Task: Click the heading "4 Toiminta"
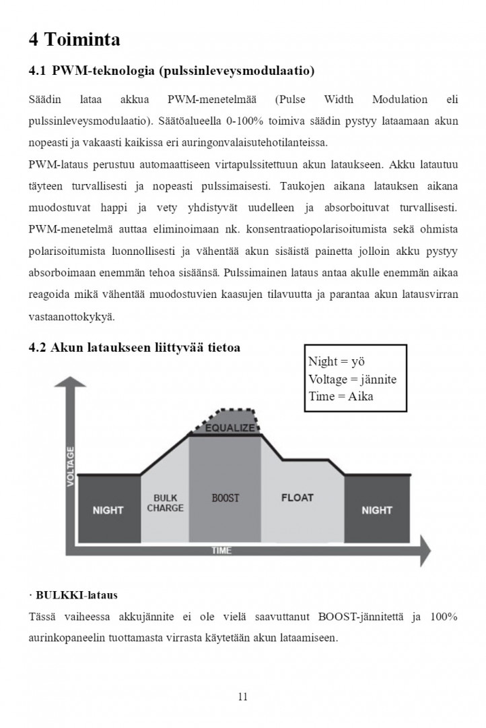click(x=74, y=40)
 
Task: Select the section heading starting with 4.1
click(x=172, y=70)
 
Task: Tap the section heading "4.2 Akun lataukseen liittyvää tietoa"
click(x=134, y=348)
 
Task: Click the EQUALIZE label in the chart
click(x=230, y=428)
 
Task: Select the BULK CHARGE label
click(x=165, y=503)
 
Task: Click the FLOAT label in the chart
click(x=297, y=497)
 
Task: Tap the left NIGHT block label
click(x=108, y=510)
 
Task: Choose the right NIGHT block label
click(x=376, y=510)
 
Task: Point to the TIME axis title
click(x=221, y=551)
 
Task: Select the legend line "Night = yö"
click(x=337, y=362)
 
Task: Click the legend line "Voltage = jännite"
click(x=352, y=379)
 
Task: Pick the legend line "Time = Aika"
click(x=341, y=396)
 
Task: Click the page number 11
click(x=242, y=697)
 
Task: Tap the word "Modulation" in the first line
click(x=400, y=100)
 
